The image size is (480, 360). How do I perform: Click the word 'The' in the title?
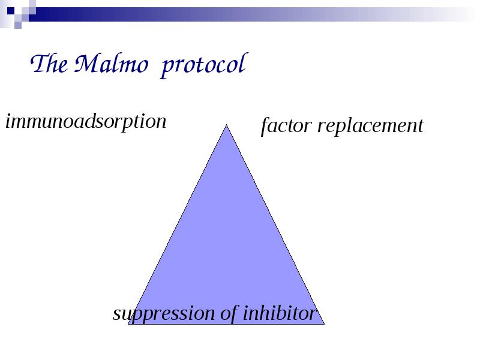[x=49, y=64]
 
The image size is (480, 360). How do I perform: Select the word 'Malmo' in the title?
[x=112, y=64]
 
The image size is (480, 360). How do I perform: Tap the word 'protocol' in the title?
[x=203, y=65]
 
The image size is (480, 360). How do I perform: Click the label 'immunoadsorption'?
[x=86, y=122]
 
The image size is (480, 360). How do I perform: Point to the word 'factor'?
[x=286, y=126]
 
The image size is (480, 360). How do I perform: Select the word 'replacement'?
[x=370, y=127]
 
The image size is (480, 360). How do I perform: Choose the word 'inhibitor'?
[x=279, y=313]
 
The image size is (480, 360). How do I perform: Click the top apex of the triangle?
[x=227, y=125]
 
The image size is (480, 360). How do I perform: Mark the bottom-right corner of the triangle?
[x=324, y=323]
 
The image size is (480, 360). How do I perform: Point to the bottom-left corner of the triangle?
[x=128, y=323]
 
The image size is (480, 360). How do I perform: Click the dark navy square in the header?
[x=11, y=11]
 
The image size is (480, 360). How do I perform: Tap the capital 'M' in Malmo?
[x=86, y=64]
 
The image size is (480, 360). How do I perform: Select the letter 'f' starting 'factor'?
[x=265, y=126]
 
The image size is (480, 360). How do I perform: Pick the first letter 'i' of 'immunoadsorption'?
[x=8, y=121]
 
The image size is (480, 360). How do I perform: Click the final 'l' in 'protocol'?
[x=243, y=63]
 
